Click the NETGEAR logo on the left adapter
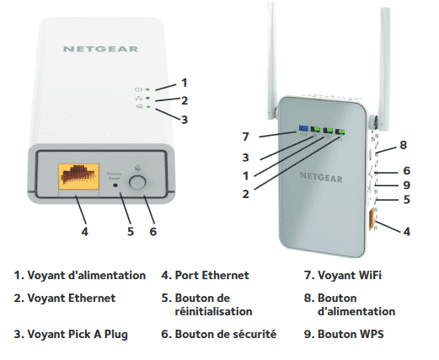100,49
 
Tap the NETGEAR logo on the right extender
321,177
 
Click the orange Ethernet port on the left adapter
78,176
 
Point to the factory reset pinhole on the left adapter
115,185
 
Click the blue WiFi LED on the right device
303,128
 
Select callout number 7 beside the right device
246,137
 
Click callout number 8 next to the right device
403,145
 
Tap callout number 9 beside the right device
406,185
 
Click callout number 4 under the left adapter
84,232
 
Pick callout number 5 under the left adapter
131,232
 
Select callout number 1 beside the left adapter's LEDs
185,83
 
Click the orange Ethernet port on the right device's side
372,219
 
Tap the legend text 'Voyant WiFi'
350,275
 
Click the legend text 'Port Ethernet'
212,275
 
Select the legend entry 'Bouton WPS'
351,334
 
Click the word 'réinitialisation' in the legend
213,311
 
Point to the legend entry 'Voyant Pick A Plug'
78,335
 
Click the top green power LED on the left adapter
147,89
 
